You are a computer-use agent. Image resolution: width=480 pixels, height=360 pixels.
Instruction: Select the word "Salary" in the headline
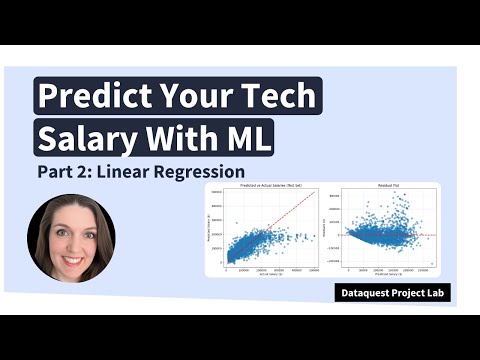(x=91, y=137)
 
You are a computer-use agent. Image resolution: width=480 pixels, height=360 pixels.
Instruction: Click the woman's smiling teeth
(x=71, y=254)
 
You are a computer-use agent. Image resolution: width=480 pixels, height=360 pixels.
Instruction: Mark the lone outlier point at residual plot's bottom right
(x=431, y=264)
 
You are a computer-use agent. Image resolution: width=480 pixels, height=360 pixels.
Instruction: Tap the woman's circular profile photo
(x=71, y=238)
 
